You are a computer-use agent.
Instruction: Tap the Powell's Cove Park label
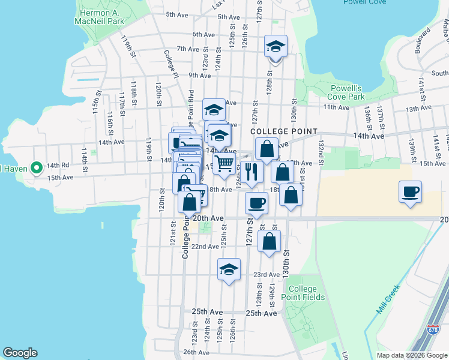(x=348, y=92)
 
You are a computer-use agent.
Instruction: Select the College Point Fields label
(x=306, y=293)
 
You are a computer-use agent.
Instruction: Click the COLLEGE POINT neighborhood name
(x=283, y=131)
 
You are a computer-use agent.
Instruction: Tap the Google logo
(x=20, y=353)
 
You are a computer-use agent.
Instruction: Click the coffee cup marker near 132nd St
(x=411, y=192)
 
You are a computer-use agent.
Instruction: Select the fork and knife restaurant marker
(x=252, y=172)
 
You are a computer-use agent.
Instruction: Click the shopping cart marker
(x=224, y=163)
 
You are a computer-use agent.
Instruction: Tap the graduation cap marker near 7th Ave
(x=276, y=46)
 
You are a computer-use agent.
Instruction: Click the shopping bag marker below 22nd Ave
(x=270, y=242)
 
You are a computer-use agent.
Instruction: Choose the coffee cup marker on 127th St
(x=256, y=203)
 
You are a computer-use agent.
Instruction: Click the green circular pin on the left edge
(x=35, y=167)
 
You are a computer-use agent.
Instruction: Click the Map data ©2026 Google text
(x=411, y=355)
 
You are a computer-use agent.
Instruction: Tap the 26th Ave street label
(x=196, y=352)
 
